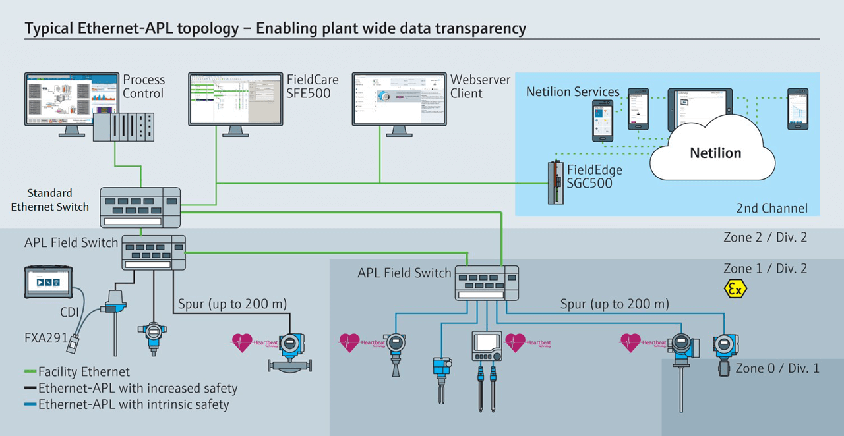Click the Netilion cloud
tap(715, 153)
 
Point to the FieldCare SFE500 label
tap(312, 86)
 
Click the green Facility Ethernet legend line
tap(30, 372)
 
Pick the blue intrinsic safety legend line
tap(30, 404)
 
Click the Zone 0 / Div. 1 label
tap(777, 368)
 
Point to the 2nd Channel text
tap(771, 208)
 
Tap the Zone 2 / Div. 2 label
tap(765, 238)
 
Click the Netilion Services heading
tap(572, 92)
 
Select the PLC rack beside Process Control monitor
tap(123, 126)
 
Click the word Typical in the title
tap(50, 28)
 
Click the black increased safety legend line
tap(30, 389)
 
